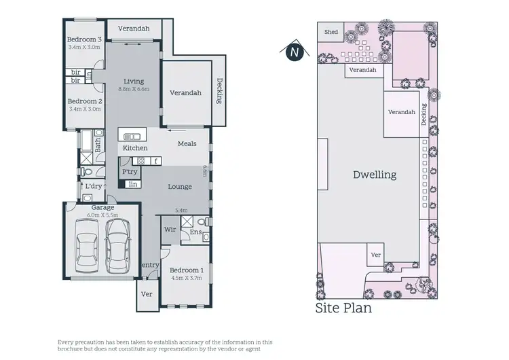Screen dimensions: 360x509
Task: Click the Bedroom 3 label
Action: tap(83, 39)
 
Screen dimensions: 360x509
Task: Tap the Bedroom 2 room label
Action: tap(83, 100)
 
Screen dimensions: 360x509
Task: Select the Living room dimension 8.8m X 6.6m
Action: tap(134, 89)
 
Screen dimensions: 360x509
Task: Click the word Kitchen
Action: tap(134, 147)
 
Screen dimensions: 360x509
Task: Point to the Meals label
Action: tap(187, 143)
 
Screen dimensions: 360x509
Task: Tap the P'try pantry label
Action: tap(129, 173)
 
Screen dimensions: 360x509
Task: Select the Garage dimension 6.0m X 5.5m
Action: tap(102, 215)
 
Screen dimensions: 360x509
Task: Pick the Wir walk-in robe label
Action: tap(170, 230)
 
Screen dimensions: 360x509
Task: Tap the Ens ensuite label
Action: tap(195, 232)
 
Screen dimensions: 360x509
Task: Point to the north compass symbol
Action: tap(294, 51)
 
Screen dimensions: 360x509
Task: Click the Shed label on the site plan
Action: tap(331, 32)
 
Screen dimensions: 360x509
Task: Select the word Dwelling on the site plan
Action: tap(374, 175)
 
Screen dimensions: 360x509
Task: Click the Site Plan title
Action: tap(343, 308)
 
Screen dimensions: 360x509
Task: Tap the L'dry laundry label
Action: tap(93, 185)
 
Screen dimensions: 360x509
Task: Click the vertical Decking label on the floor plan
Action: tap(219, 90)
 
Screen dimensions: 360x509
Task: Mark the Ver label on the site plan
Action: tap(376, 255)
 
